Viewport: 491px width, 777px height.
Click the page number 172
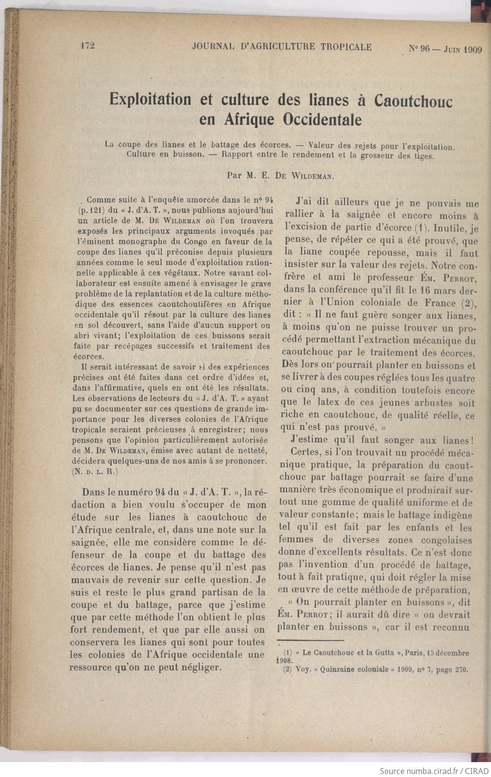[x=87, y=46]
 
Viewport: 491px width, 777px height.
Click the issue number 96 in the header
[x=424, y=49]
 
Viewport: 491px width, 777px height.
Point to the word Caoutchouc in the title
[x=413, y=101]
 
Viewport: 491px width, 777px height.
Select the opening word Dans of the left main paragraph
[x=94, y=492]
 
